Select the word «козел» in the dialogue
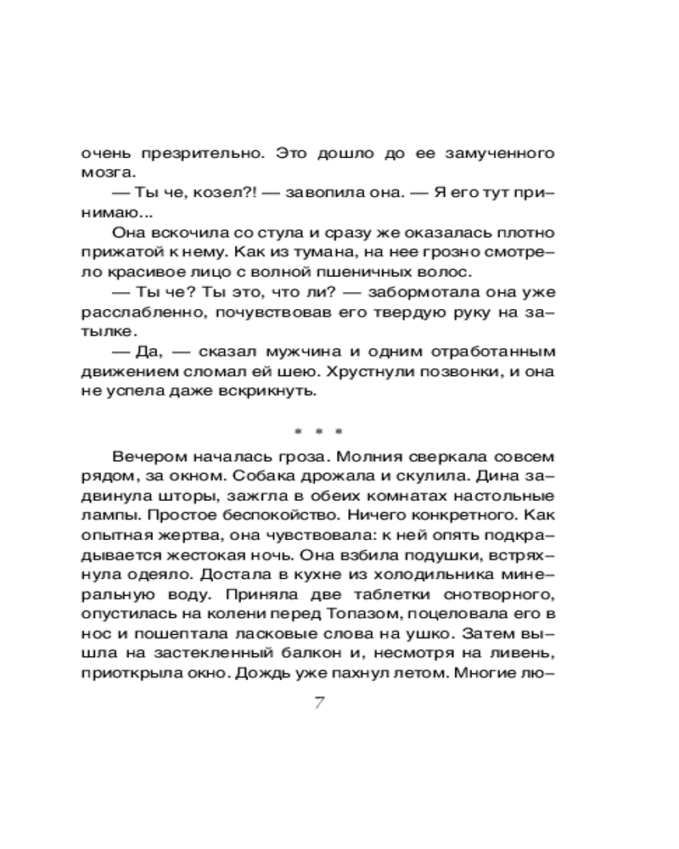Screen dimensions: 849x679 click(x=199, y=193)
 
